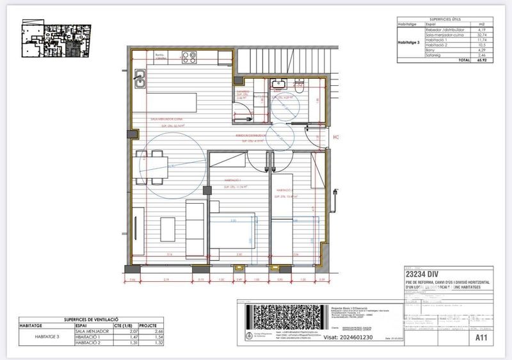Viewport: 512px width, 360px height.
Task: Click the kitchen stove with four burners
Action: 189,57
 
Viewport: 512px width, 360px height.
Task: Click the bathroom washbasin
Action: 279,84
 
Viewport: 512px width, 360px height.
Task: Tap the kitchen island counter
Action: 173,102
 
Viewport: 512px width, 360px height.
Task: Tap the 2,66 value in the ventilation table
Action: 161,331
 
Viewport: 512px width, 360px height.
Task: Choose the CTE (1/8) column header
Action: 132,325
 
